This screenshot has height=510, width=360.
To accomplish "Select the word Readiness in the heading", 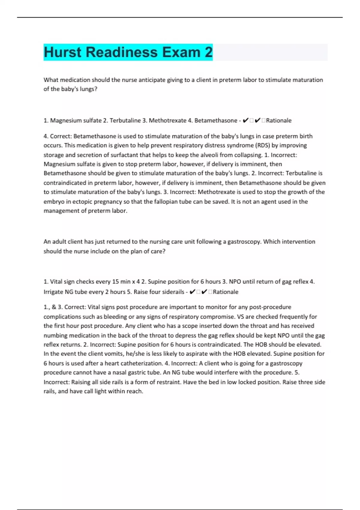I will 122,52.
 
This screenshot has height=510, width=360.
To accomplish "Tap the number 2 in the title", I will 208,52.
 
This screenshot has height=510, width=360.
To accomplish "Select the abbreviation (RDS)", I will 262,145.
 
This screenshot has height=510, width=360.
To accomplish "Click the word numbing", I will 56,335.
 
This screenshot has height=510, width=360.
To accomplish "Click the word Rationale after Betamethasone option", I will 279,121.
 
